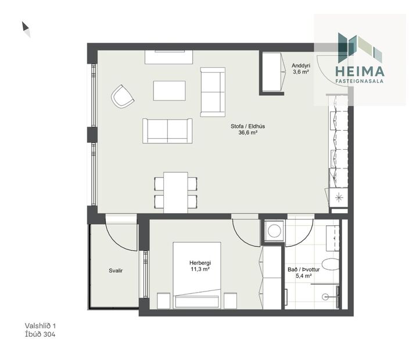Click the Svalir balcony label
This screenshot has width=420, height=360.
[116, 271]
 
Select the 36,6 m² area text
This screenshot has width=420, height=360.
[247, 132]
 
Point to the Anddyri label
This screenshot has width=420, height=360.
[300, 66]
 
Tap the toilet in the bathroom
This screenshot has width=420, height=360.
[329, 265]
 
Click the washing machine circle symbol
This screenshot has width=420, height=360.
[272, 231]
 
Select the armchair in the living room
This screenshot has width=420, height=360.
[123, 96]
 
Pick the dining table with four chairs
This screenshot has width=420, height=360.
[175, 192]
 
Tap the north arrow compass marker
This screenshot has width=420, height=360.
[26, 28]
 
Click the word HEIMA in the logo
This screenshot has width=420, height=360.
[360, 71]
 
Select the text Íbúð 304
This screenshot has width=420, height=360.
[40, 334]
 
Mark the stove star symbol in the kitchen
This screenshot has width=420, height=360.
[338, 198]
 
